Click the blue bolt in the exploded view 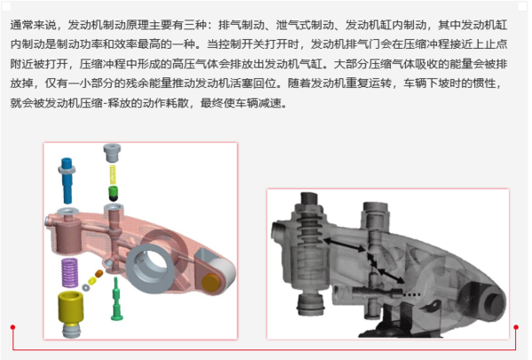(67, 180)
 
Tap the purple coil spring (69, 272)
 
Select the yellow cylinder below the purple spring (70, 307)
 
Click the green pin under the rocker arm (117, 299)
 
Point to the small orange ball (99, 273)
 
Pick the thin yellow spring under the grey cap (113, 175)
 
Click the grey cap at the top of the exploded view (112, 153)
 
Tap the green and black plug (113, 193)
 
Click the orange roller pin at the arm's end (211, 282)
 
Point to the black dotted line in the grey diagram (412, 294)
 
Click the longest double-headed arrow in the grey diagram (344, 245)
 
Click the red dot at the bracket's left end (12, 327)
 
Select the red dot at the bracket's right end (516, 327)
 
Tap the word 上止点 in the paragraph (490, 44)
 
